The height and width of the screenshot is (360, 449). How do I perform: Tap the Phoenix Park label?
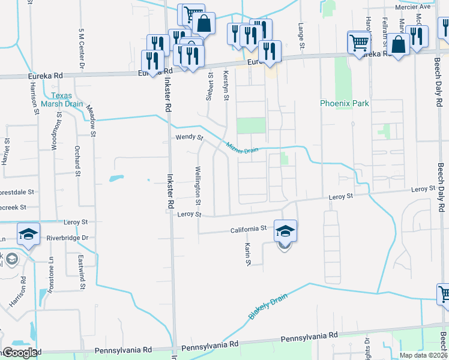pyautogui.click(x=344, y=103)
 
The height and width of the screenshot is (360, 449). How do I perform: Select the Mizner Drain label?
pyautogui.click(x=242, y=147)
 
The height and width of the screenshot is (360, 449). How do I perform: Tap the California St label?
pyautogui.click(x=249, y=229)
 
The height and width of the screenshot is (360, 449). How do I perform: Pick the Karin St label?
pyautogui.click(x=247, y=254)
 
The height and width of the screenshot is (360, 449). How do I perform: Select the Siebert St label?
pyautogui.click(x=210, y=85)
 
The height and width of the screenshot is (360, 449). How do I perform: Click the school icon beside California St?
pyautogui.click(x=286, y=230)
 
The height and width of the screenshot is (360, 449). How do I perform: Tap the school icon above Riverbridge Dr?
pyautogui.click(x=28, y=233)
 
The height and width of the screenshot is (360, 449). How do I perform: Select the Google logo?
pyautogui.click(x=20, y=352)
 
